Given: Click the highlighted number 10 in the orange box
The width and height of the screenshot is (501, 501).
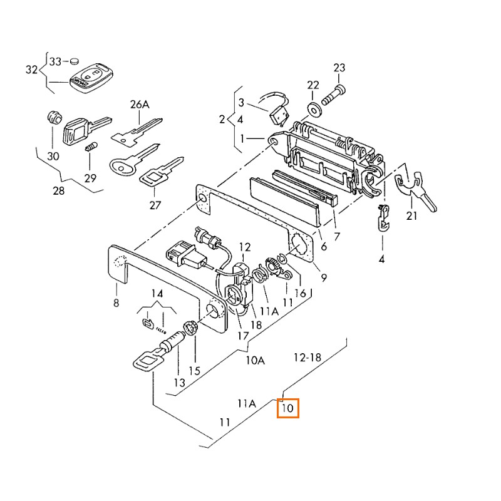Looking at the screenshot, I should (289, 408).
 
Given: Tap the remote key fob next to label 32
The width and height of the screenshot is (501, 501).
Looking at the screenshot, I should (91, 77).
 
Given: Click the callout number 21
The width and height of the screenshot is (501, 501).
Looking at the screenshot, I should (411, 216).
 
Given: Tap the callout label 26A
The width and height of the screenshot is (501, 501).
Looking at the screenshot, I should (140, 105).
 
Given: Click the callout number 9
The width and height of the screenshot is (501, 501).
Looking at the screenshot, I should (324, 276).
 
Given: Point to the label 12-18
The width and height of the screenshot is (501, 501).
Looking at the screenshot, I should (307, 357).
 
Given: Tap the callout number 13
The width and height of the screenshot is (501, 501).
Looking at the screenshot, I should (179, 383).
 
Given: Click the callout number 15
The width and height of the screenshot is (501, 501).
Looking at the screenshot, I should (195, 371).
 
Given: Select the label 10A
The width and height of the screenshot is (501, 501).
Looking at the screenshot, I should (255, 360).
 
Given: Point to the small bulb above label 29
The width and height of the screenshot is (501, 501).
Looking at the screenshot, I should (90, 148).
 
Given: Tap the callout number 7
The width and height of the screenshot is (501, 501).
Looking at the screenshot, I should (336, 236).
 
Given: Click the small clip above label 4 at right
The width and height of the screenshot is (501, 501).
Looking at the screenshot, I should (382, 219).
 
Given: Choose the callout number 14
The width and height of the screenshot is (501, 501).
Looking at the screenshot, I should (157, 294).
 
